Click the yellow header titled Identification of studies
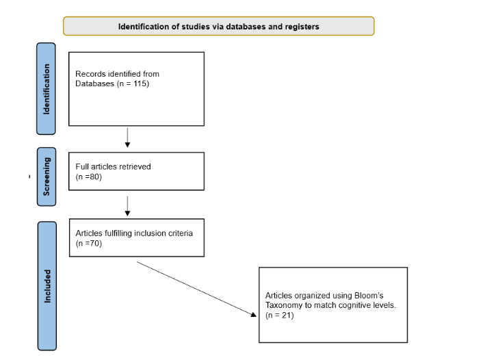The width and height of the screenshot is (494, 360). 218,27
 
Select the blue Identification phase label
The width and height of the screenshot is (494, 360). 47,89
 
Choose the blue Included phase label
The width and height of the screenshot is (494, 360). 47,285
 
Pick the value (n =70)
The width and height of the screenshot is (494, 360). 88,243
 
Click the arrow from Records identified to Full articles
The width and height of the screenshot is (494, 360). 127,137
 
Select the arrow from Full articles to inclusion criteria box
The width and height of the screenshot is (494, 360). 127,205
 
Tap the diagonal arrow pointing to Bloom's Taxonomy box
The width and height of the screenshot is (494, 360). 195,287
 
